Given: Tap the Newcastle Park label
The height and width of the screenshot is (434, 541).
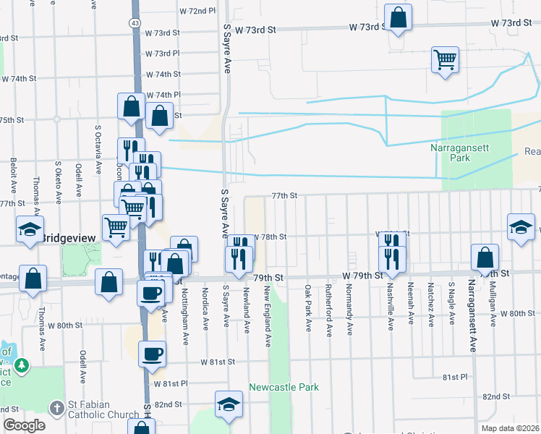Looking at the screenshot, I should pyautogui.click(x=284, y=387).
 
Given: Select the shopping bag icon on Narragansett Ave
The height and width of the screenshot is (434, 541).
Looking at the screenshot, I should pyautogui.click(x=484, y=257).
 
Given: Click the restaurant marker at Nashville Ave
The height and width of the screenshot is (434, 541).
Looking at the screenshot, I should pyautogui.click(x=391, y=258).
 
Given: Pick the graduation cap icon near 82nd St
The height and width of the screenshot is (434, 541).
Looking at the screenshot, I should pyautogui.click(x=229, y=404).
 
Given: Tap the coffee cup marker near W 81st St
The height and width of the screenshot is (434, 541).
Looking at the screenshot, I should pyautogui.click(x=152, y=354).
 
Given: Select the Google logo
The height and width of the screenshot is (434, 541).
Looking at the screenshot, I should pyautogui.click(x=23, y=425).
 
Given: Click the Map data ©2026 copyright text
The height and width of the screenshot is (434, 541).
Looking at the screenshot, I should pyautogui.click(x=511, y=428).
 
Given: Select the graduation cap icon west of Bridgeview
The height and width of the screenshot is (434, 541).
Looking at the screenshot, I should pyautogui.click(x=30, y=229).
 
